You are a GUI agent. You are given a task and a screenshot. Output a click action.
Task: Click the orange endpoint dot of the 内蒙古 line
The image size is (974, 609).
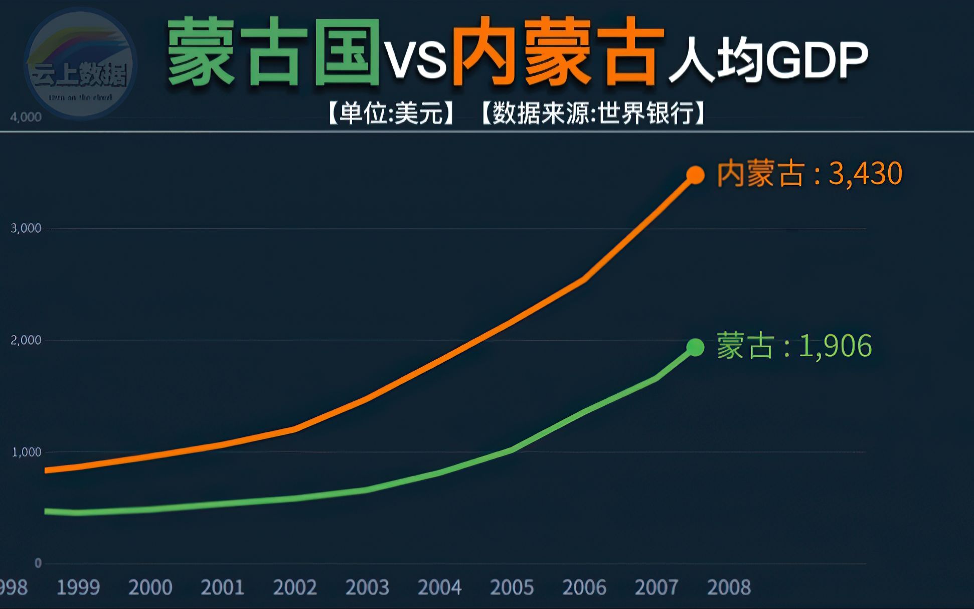(695, 175)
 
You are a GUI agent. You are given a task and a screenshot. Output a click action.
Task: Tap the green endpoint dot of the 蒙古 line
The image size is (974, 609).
(695, 347)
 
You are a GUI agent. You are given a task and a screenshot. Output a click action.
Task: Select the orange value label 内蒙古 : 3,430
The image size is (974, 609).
(809, 174)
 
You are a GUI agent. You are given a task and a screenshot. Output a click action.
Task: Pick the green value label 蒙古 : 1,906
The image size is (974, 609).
(794, 346)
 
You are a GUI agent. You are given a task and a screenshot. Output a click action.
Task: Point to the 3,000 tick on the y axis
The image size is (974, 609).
(26, 228)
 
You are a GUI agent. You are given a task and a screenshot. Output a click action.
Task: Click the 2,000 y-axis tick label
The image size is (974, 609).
(26, 340)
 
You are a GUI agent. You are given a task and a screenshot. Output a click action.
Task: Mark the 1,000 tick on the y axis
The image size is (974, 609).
(26, 452)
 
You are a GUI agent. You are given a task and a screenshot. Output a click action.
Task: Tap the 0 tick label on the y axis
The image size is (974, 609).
(38, 563)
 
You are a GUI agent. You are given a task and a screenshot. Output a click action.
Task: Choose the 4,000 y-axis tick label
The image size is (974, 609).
(26, 117)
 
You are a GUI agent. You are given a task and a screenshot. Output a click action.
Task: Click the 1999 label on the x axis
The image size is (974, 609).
(78, 587)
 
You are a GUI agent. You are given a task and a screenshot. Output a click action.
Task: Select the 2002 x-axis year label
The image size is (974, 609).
(295, 587)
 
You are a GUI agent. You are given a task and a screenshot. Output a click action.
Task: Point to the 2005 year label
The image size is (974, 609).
(512, 587)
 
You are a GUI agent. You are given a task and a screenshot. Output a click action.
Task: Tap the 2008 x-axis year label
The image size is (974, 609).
(729, 587)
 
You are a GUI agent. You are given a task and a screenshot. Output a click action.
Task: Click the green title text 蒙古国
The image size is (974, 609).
(274, 53)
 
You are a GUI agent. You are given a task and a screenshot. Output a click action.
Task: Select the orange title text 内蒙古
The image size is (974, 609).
(558, 53)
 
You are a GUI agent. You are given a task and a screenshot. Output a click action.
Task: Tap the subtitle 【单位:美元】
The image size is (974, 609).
(392, 113)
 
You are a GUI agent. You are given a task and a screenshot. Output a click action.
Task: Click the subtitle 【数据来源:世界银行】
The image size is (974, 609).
(593, 113)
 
